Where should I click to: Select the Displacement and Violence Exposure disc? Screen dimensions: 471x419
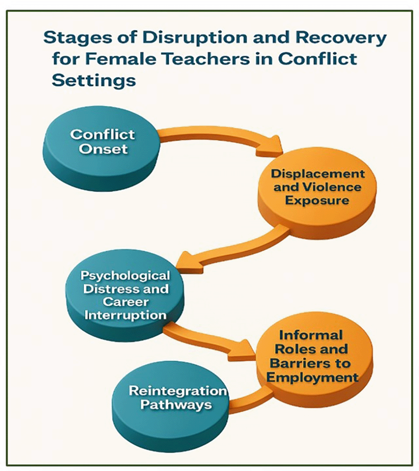(x=317, y=195)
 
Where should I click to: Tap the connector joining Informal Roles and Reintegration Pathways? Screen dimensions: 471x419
(x=248, y=401)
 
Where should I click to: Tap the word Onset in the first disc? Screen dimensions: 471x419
(x=103, y=148)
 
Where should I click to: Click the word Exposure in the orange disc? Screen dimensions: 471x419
(x=317, y=200)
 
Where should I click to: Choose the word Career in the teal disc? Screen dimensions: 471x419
(x=125, y=302)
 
